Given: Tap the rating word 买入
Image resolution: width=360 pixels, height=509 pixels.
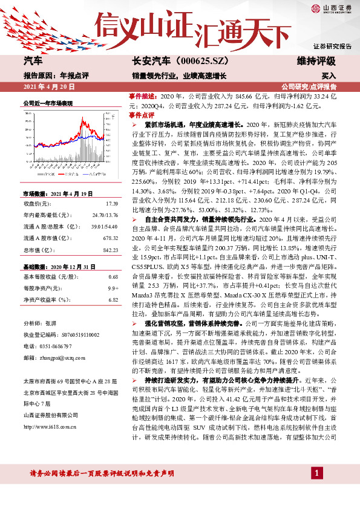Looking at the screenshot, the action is pos(329,77).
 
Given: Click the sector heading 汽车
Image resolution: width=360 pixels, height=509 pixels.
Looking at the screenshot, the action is pos(33,62).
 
